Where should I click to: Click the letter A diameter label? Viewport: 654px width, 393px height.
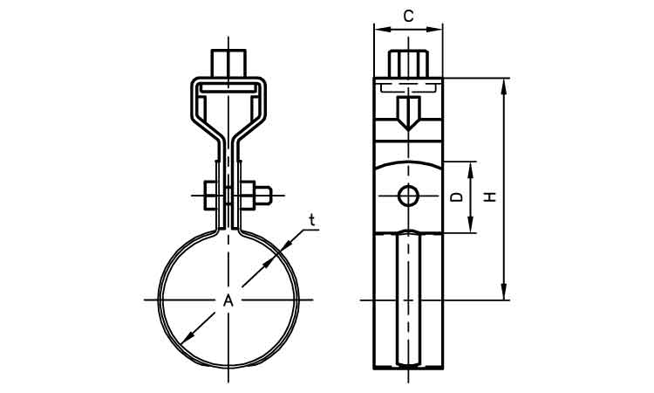(228, 300)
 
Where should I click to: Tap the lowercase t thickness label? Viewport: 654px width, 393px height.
(310, 220)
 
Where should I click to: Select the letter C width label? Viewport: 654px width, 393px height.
(409, 15)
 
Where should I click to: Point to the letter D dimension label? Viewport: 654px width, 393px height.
(456, 197)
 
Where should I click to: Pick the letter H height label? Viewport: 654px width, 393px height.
(491, 197)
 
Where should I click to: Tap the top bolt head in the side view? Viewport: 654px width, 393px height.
(409, 64)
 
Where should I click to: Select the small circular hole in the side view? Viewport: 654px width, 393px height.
(409, 196)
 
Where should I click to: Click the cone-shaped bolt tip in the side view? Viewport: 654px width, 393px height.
(409, 114)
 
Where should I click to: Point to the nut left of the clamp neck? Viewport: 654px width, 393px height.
(212, 196)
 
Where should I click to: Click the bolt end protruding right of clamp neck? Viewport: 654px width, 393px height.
(266, 196)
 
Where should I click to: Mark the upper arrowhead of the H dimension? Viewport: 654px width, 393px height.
(504, 84)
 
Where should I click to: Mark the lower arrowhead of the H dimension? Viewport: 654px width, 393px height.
(504, 294)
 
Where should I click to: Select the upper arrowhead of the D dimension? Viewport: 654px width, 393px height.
(473, 167)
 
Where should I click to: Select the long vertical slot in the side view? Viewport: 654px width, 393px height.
(409, 297)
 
